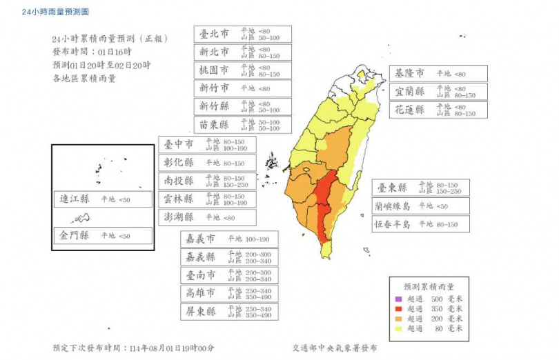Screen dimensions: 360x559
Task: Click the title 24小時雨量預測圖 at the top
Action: [55, 12]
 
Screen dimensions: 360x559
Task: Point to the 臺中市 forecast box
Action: [207, 144]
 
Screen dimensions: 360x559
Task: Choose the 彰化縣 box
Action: [207, 163]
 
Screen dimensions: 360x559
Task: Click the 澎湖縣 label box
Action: [207, 217]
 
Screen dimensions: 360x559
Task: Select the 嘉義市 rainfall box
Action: [230, 239]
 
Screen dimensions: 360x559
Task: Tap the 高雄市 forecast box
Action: [230, 293]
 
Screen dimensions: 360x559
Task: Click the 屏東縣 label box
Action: [230, 311]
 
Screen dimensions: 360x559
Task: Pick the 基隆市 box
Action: [438, 73]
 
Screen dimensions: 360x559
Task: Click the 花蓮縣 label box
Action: [438, 110]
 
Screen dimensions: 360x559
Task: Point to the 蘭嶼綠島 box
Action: [420, 206]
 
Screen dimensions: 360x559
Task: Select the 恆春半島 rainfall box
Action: [420, 224]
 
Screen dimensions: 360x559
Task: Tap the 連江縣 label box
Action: [103, 199]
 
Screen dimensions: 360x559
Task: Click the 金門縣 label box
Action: [103, 236]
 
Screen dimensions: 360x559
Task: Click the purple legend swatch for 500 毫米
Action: [398, 299]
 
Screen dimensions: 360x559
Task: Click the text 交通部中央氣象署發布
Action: [335, 349]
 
